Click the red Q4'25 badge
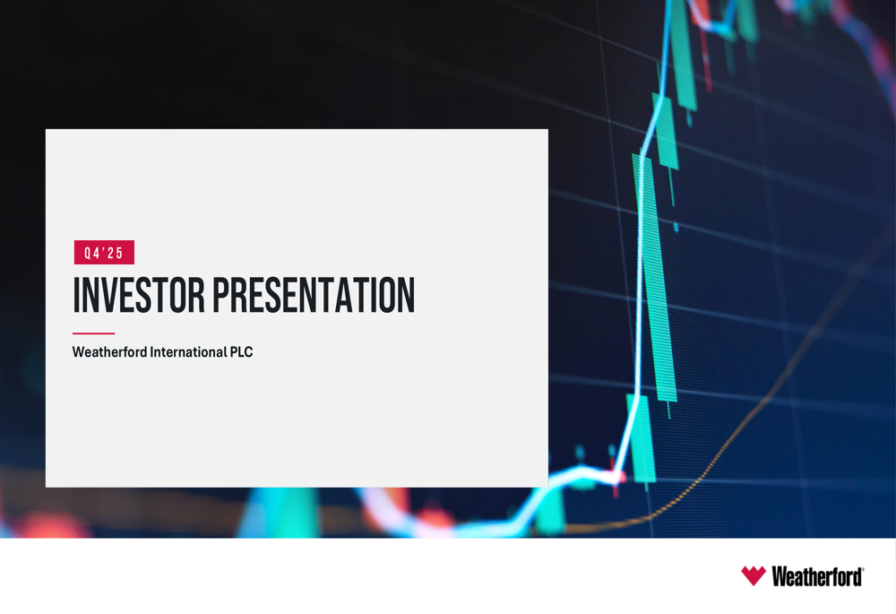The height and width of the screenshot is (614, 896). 104,253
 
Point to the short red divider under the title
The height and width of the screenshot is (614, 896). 93,333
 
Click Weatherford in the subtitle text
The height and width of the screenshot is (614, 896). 108,352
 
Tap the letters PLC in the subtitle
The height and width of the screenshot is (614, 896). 241,352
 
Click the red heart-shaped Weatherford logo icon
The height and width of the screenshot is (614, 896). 754,575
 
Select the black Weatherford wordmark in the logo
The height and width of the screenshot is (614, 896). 815,576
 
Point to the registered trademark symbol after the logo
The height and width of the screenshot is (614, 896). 863,569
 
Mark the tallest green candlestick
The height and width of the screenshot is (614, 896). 656,278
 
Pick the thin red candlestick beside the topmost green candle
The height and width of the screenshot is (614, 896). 707,63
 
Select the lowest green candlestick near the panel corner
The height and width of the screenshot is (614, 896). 642,439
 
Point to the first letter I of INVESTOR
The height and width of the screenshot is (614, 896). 76,296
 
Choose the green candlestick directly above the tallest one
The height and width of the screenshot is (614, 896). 667,130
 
